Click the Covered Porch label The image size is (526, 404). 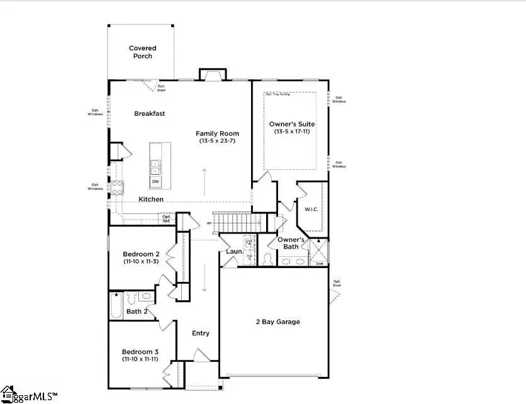pyautogui.click(x=142, y=52)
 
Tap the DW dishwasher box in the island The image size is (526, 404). pyautogui.click(x=155, y=182)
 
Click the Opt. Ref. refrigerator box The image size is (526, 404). pyautogui.click(x=166, y=218)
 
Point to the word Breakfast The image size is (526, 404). pyautogui.click(x=149, y=113)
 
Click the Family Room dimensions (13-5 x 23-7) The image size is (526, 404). pyautogui.click(x=217, y=141)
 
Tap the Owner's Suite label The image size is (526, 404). pyautogui.click(x=291, y=124)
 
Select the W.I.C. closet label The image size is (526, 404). pyautogui.click(x=311, y=208)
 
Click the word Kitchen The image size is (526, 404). pyautogui.click(x=151, y=199)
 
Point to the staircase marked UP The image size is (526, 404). pyautogui.click(x=236, y=222)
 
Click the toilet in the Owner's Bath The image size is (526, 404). pyautogui.click(x=267, y=258)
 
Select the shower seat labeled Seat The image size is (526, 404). pyautogui.click(x=320, y=263)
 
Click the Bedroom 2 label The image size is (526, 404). pyautogui.click(x=140, y=254)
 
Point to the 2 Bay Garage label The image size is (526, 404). pyautogui.click(x=277, y=322)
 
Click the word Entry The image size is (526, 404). pyautogui.click(x=201, y=333)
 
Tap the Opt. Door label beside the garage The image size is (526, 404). pyautogui.click(x=337, y=283)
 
